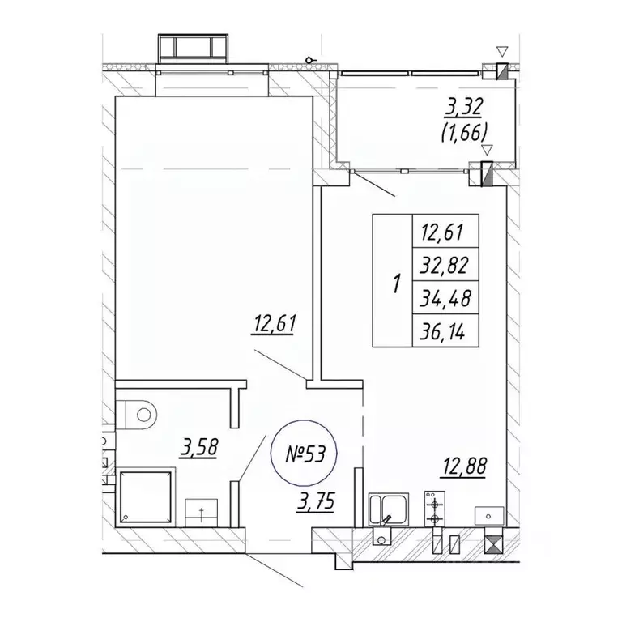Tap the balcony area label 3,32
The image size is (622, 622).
click(463, 108)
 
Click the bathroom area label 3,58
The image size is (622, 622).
click(198, 448)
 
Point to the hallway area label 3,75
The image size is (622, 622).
click(315, 502)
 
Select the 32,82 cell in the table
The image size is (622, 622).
click(446, 265)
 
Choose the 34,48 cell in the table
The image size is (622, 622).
click(446, 298)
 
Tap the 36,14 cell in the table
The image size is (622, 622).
click(446, 330)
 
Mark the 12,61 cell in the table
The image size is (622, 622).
click(446, 232)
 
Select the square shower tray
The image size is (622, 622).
click(147, 497)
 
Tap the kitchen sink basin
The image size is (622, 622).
click(389, 509)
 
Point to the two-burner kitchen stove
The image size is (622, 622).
click(435, 509)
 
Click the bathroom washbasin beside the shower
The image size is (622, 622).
click(202, 513)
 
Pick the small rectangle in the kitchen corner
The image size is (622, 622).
click(489, 516)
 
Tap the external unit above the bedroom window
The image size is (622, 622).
click(194, 49)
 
